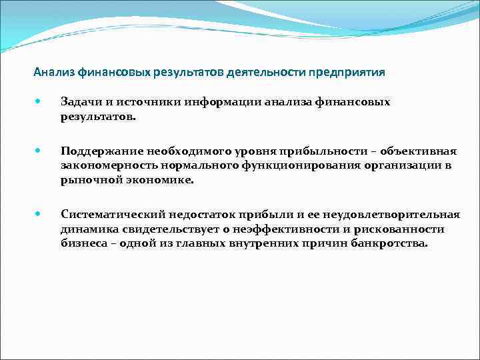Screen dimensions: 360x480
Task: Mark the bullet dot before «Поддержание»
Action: pyautogui.click(x=39, y=150)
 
